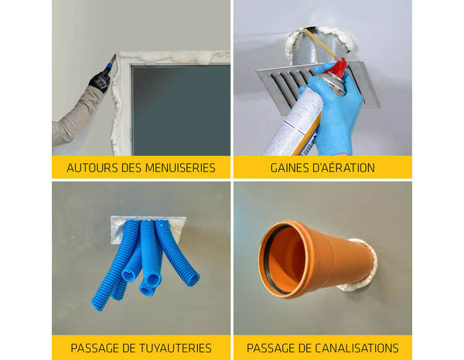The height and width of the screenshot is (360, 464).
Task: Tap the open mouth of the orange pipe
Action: point(279,259)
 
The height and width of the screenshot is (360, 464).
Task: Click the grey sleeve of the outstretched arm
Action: point(73,116)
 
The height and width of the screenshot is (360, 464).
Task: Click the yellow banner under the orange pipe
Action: point(322,348)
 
